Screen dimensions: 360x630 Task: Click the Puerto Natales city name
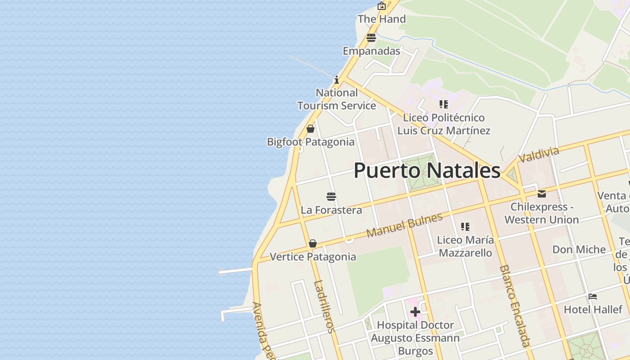427,171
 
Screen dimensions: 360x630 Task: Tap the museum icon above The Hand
382,6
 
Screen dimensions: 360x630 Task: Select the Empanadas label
371,51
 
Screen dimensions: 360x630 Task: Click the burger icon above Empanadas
371,38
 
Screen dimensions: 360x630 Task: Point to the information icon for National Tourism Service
337,80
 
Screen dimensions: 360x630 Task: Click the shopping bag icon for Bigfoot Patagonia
310,129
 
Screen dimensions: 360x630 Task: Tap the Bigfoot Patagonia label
310,142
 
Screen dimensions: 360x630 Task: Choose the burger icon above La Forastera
331,197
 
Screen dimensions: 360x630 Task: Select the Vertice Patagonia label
313,257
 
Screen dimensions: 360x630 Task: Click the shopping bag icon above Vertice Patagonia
313,243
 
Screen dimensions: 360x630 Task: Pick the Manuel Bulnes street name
404,226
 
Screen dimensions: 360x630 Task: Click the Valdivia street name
538,155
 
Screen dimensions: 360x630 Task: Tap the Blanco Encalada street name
514,306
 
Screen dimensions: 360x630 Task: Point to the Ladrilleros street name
324,306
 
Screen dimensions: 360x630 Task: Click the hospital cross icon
415,311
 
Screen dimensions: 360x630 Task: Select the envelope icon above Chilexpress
542,194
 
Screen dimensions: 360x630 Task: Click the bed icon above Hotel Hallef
593,297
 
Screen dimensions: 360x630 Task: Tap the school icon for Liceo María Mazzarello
465,227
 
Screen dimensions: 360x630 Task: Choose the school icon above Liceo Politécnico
444,104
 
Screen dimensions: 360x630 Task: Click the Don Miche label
579,249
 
